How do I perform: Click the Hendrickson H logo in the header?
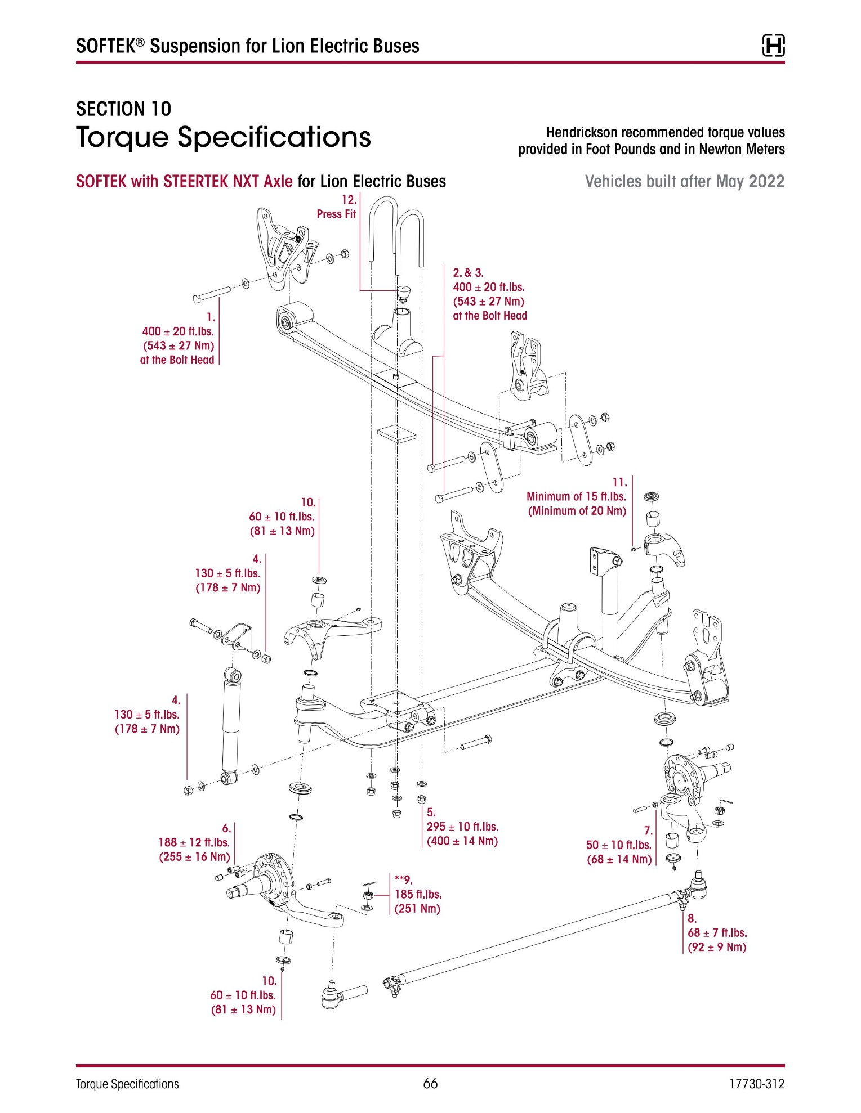pyautogui.click(x=773, y=46)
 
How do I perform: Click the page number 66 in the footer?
pyautogui.click(x=430, y=1083)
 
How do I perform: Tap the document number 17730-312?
pyautogui.click(x=756, y=1084)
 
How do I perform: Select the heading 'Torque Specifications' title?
pyautogui.click(x=224, y=137)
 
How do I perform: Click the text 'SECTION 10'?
pyautogui.click(x=123, y=109)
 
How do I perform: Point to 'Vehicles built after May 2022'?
pyautogui.click(x=684, y=181)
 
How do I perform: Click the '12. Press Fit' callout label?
pyautogui.click(x=337, y=207)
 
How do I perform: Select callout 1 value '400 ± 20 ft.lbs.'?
pyautogui.click(x=178, y=331)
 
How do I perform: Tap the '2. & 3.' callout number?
pyautogui.click(x=468, y=273)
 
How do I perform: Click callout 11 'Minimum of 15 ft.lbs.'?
pyautogui.click(x=576, y=496)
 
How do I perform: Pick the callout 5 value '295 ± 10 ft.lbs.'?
pyautogui.click(x=462, y=827)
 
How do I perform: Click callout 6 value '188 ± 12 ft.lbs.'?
pyautogui.click(x=194, y=842)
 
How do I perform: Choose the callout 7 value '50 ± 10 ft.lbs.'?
pyautogui.click(x=618, y=845)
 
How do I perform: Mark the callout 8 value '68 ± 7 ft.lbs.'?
pyautogui.click(x=717, y=932)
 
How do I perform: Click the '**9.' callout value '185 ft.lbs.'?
pyautogui.click(x=418, y=894)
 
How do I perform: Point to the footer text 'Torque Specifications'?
pyautogui.click(x=127, y=1084)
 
